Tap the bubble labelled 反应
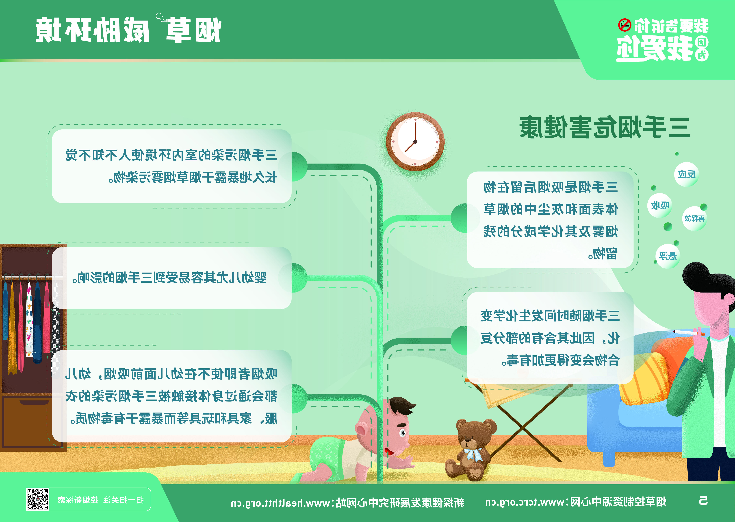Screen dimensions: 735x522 click(687, 175)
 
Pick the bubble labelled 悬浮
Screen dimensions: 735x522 click(668, 256)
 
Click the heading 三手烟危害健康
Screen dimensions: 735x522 click(605, 127)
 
